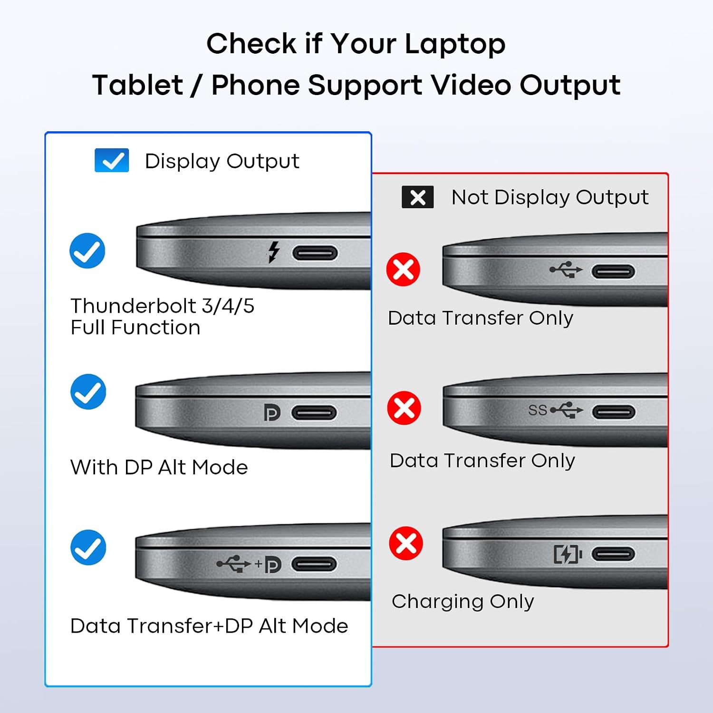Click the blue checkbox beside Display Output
[x=112, y=160]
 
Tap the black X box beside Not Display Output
[x=418, y=197]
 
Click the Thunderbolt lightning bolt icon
[x=273, y=252]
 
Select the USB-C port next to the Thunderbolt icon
[x=315, y=253]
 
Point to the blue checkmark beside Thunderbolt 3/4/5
[x=87, y=251]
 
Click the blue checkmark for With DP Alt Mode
[x=88, y=392]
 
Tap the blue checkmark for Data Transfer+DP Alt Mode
[x=88, y=547]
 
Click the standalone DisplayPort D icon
[x=272, y=413]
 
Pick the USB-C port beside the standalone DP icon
[x=314, y=413]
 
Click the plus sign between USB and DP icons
[x=259, y=564]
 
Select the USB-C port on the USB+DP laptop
[x=314, y=564]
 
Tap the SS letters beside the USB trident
[x=538, y=410]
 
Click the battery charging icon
[x=568, y=554]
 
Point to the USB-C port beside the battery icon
[x=613, y=554]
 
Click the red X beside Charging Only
[x=406, y=543]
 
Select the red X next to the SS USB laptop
[x=404, y=408]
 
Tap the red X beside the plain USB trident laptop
[x=403, y=269]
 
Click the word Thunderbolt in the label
[x=134, y=306]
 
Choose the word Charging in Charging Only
[x=438, y=602]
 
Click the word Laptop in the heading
[x=455, y=44]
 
